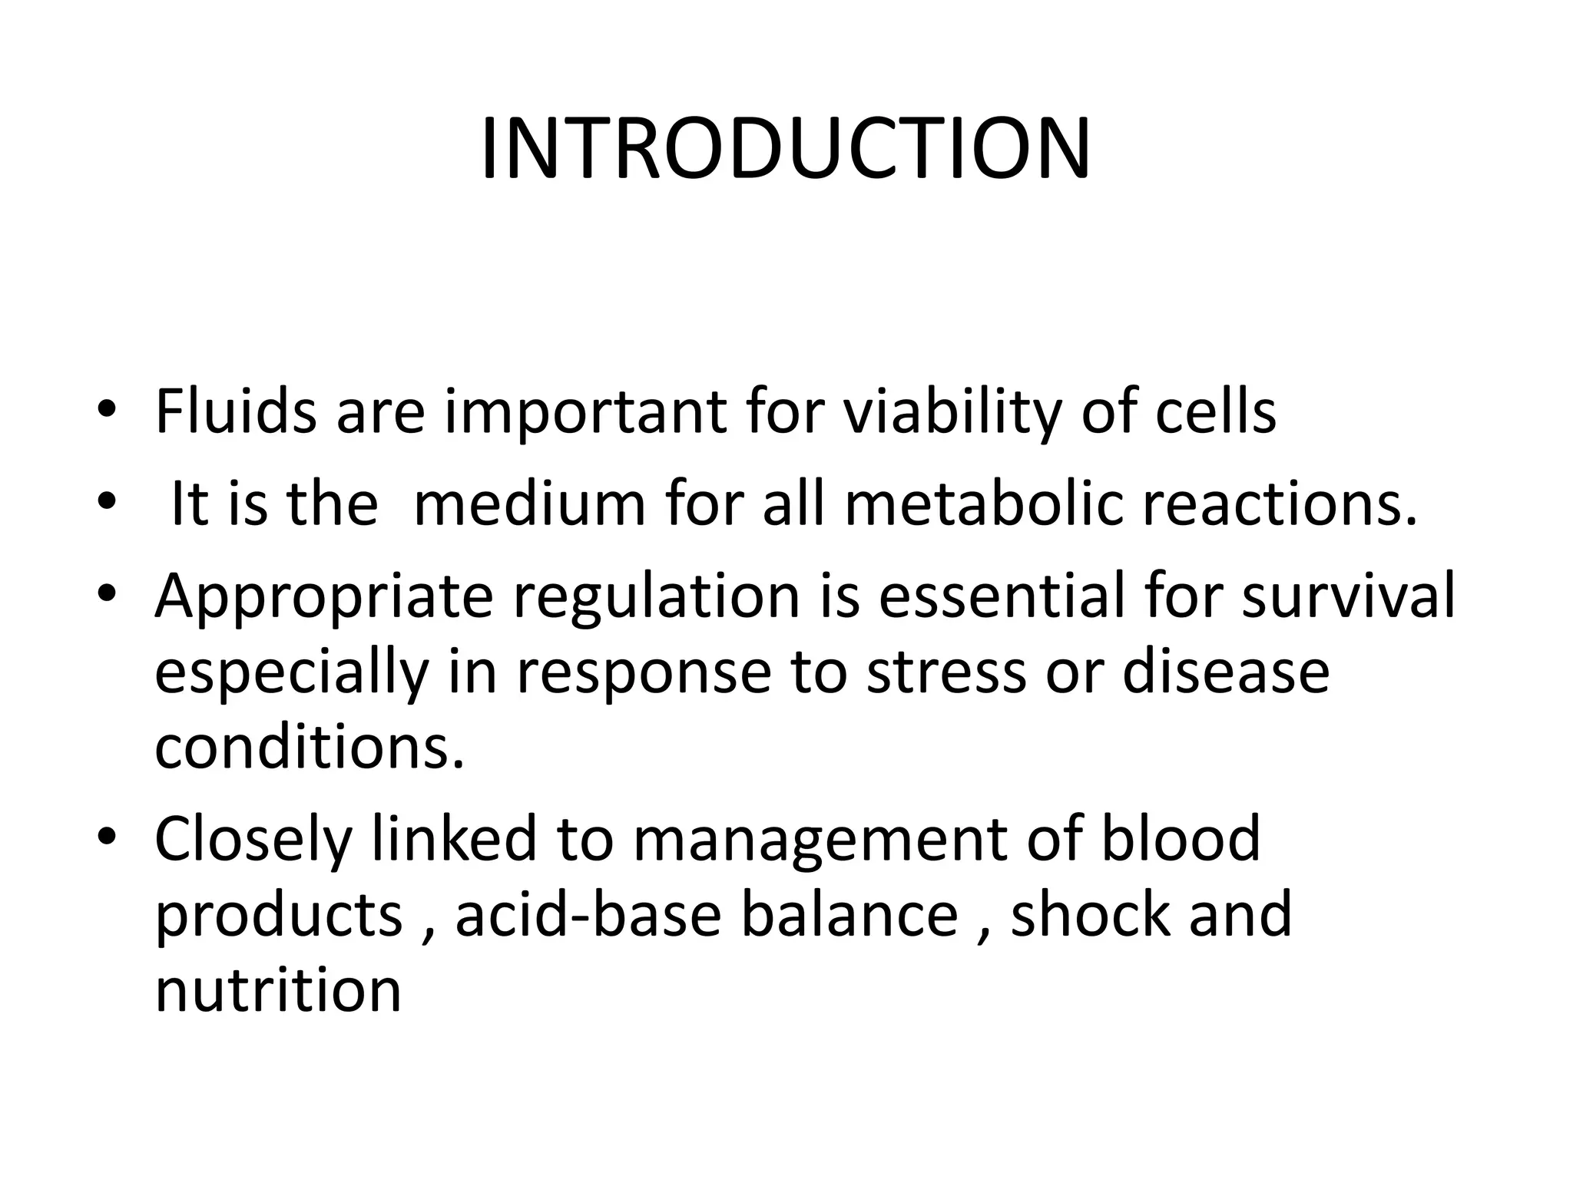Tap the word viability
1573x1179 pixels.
[x=952, y=413]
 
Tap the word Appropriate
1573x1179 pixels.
[x=323, y=597]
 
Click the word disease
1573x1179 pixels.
[x=1226, y=671]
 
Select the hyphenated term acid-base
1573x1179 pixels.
[x=588, y=914]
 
